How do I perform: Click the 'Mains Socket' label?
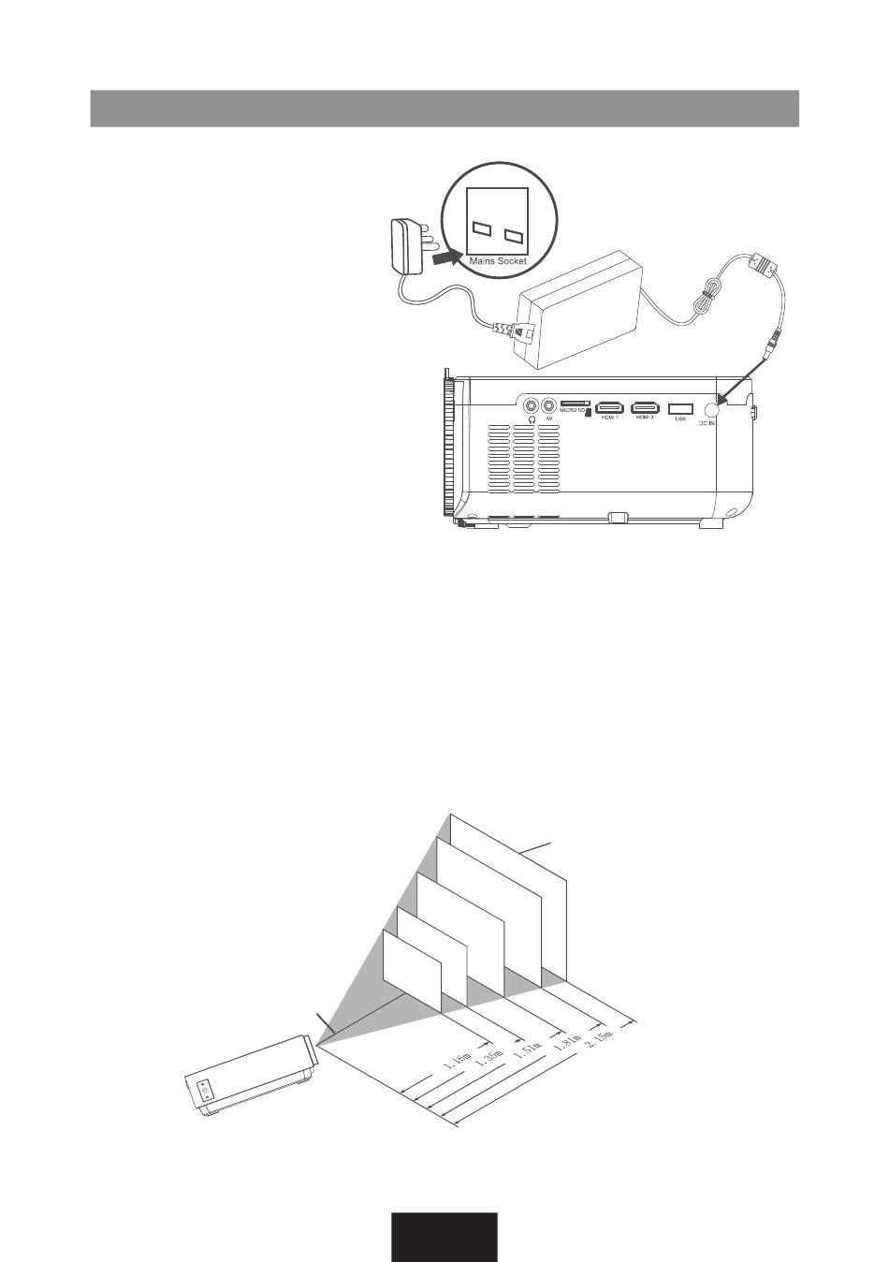[498, 260]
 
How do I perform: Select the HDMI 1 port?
[610, 407]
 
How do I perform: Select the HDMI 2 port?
[645, 407]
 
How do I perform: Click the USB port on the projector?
[680, 407]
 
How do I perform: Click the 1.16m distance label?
[456, 1061]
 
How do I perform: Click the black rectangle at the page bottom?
[444, 1237]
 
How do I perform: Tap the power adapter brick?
[580, 309]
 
